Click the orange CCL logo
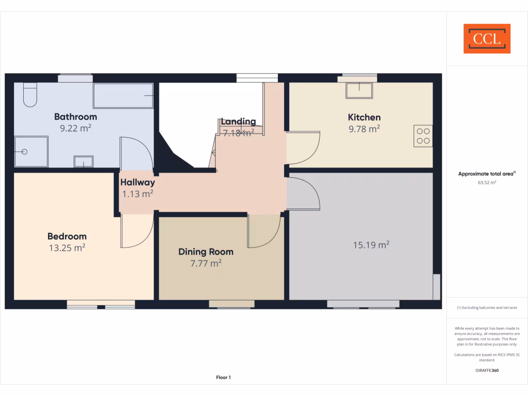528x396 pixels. click(x=487, y=39)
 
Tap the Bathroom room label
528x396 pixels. click(x=75, y=117)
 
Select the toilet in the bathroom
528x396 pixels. click(x=30, y=95)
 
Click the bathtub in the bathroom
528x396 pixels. click(x=123, y=95)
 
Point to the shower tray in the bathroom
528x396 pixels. click(x=31, y=152)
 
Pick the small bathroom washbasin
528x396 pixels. click(x=83, y=161)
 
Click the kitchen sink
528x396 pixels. click(x=360, y=90)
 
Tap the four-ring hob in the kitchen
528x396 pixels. click(x=423, y=136)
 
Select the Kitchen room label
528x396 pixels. click(x=364, y=117)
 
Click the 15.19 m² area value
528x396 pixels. click(x=371, y=245)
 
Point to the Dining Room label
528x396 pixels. click(x=206, y=252)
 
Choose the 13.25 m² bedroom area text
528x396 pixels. click(x=67, y=247)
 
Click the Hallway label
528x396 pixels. click(x=137, y=182)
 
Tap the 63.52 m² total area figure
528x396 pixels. click(x=487, y=182)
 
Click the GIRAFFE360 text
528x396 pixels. click(x=487, y=370)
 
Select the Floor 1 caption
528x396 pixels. click(x=223, y=377)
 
